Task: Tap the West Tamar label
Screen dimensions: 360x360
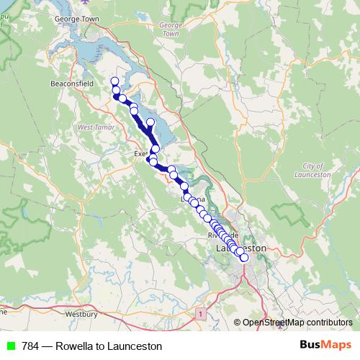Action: click(x=91, y=127)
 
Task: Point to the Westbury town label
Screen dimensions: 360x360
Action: click(x=81, y=314)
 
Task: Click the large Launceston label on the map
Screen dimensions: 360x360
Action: click(x=241, y=248)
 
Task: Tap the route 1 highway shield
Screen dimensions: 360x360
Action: click(x=199, y=314)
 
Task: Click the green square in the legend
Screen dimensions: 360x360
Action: click(x=10, y=346)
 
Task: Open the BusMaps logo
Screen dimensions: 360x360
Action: click(x=325, y=345)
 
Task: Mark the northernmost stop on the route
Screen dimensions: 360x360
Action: click(x=114, y=81)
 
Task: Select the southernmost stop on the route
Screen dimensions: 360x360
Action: click(x=243, y=257)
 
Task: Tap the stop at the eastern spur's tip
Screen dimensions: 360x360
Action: click(x=150, y=122)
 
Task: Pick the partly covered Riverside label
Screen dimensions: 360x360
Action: click(x=217, y=235)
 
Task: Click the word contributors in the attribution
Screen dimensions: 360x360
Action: click(x=330, y=323)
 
